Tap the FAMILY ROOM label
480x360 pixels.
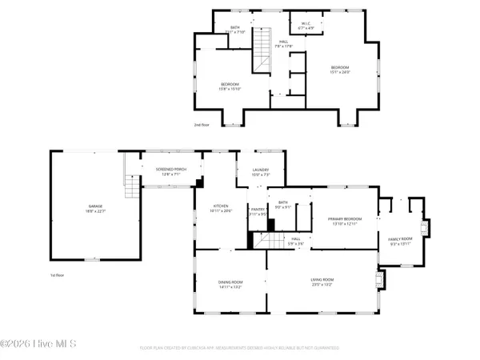[x=400, y=241]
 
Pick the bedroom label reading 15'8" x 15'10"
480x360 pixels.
[x=230, y=86]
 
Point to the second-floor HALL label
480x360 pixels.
[x=283, y=45]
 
